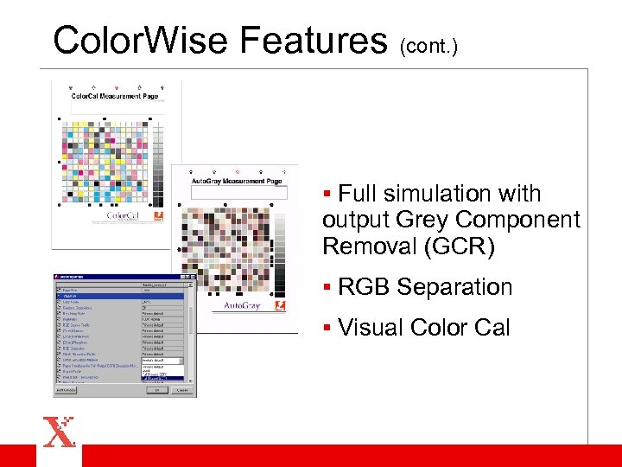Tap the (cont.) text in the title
click(x=428, y=45)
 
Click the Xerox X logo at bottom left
click(x=59, y=432)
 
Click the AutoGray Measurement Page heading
click(x=236, y=181)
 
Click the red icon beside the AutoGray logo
click(x=279, y=305)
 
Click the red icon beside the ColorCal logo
click(x=159, y=216)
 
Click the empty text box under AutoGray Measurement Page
click(x=238, y=193)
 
